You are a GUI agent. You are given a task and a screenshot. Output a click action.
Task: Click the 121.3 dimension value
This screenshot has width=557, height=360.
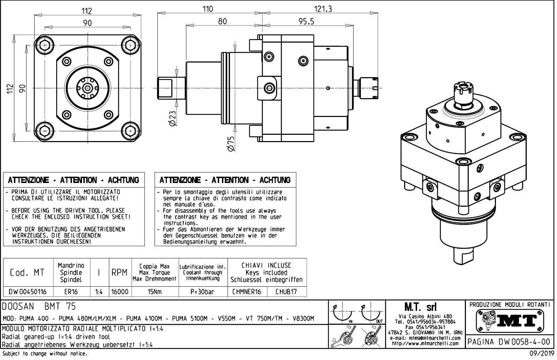click(322, 9)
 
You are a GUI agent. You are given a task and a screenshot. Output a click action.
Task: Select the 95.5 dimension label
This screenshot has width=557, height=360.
click(306, 22)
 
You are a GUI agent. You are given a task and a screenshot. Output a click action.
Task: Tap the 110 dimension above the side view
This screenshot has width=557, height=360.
click(208, 9)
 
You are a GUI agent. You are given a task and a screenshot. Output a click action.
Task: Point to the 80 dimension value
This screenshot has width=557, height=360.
click(222, 21)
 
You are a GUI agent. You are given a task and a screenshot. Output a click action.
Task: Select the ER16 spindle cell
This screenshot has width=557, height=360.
click(72, 292)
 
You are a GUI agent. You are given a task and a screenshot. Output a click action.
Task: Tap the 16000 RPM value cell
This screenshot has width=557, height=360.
click(120, 292)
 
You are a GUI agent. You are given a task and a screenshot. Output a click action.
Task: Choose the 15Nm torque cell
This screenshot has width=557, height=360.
click(155, 292)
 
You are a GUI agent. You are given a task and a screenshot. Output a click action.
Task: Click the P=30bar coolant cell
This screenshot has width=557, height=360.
click(203, 292)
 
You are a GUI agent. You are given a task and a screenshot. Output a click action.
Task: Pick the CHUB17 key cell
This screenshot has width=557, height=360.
click(286, 292)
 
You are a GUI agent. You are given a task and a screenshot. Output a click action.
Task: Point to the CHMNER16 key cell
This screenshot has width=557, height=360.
click(247, 292)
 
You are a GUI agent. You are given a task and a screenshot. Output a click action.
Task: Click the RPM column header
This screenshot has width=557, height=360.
click(120, 273)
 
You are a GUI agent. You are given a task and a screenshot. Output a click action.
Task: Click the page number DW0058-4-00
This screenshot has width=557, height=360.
click(510, 341)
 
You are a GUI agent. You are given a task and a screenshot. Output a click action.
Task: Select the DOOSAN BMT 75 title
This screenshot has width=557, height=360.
click(39, 307)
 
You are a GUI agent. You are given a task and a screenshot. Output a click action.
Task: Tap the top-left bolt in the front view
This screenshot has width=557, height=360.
click(45, 45)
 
